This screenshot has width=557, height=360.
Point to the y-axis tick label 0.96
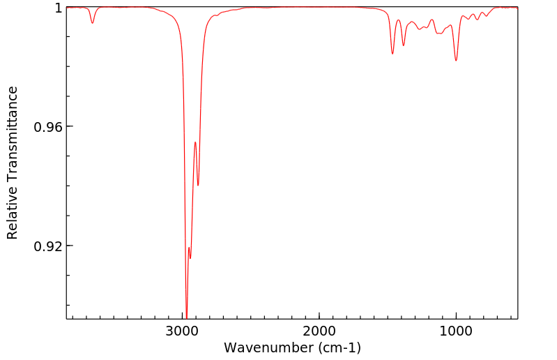point(48,127)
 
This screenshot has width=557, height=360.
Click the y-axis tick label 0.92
point(48,246)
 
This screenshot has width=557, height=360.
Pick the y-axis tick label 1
point(59,8)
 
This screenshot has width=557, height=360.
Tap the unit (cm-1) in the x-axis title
point(338,347)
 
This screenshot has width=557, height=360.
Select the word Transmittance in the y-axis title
point(13,133)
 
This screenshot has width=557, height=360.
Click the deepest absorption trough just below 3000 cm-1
point(186,315)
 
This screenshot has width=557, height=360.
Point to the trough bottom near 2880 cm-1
point(198,186)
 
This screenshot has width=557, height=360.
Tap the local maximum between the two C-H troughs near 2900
point(195,142)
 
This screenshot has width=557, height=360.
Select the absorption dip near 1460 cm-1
point(392,54)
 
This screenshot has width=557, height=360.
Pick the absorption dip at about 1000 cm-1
point(456,61)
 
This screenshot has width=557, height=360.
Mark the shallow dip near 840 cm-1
point(478,20)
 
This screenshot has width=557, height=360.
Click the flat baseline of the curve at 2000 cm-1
point(319,7)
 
